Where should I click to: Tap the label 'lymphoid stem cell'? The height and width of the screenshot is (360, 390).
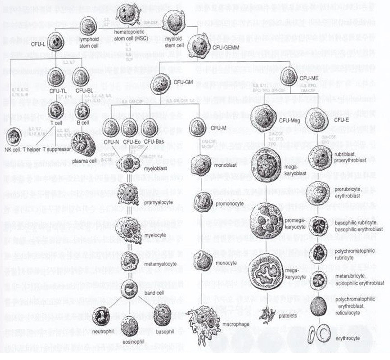(x=89, y=43)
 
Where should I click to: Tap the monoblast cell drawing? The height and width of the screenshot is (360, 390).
(x=200, y=165)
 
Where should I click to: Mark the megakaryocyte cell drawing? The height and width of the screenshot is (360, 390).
(x=266, y=272)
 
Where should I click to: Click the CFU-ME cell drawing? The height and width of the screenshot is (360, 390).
(x=288, y=77)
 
